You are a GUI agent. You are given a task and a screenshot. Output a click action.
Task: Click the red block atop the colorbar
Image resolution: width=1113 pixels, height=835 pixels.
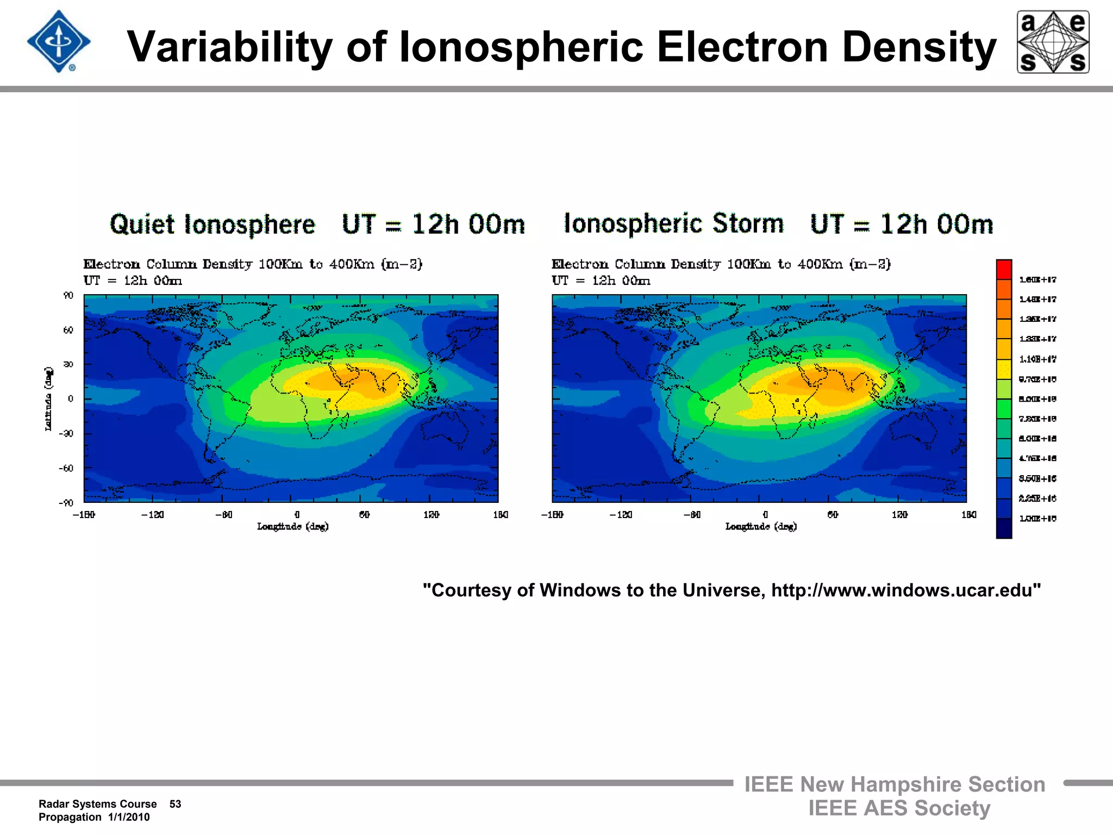[x=1004, y=270]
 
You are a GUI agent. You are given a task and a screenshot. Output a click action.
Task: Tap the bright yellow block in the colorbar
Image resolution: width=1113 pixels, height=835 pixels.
[x=1004, y=369]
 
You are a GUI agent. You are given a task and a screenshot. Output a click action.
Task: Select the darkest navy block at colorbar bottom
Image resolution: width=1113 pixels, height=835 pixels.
[x=1004, y=528]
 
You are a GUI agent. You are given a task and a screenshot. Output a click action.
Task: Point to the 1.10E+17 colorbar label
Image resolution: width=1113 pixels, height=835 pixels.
[x=1037, y=359]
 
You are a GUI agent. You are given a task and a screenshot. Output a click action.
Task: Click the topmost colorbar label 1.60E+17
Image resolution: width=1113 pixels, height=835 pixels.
[x=1037, y=279]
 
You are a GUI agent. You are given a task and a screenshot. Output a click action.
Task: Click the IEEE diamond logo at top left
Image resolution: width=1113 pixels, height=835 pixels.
[x=59, y=42]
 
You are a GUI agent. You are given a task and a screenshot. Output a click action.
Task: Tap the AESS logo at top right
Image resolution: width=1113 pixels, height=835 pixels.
[x=1053, y=42]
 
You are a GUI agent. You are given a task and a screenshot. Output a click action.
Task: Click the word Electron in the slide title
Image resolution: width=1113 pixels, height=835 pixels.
[x=742, y=47]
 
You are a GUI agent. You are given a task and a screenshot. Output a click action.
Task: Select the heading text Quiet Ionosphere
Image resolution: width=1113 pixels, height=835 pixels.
[x=212, y=225]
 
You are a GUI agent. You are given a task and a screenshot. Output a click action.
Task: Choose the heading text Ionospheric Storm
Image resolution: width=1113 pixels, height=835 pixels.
[x=674, y=223]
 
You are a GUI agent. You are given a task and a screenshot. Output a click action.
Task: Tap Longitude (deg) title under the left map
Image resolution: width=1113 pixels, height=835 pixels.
[x=293, y=526]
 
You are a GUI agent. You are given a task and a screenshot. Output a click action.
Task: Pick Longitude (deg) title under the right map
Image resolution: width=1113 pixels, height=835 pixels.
[x=761, y=526]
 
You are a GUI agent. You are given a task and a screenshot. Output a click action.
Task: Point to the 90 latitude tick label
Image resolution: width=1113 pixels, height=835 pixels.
[x=68, y=295]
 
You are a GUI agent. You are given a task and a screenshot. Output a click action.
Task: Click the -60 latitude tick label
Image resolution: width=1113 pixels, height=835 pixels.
[x=67, y=468]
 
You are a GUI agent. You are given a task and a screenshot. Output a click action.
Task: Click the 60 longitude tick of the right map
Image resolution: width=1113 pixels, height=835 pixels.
[x=833, y=514]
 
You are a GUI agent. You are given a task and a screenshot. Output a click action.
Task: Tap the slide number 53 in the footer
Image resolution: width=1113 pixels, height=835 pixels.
[x=175, y=804]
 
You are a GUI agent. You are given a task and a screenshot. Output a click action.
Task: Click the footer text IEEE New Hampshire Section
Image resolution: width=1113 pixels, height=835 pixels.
[x=895, y=784]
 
